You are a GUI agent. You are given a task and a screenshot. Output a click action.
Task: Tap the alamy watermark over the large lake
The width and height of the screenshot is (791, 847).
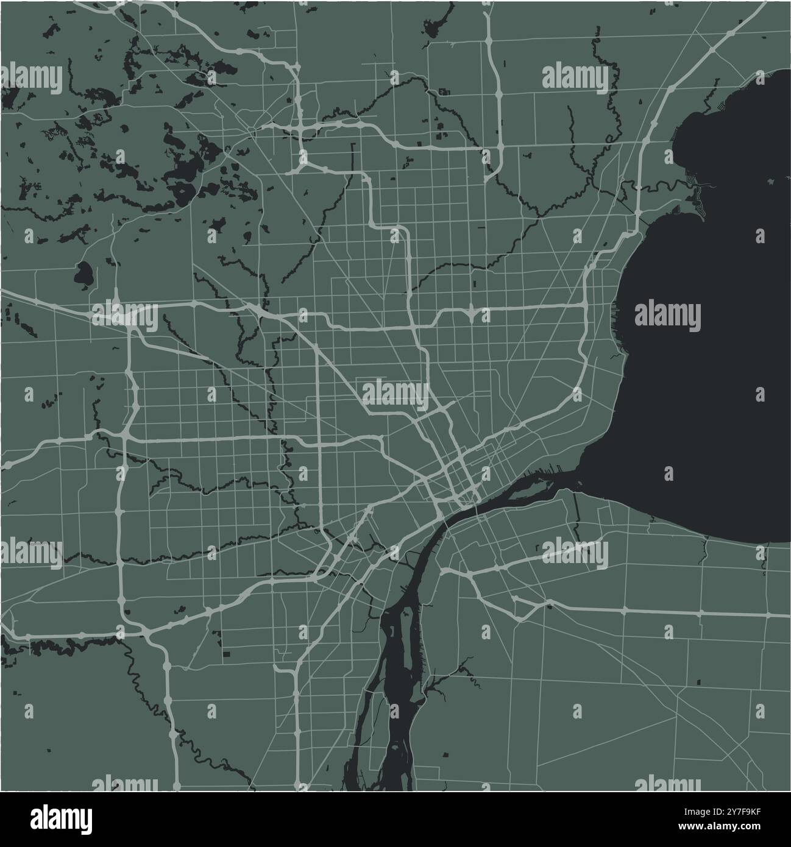pyautogui.click(x=667, y=317)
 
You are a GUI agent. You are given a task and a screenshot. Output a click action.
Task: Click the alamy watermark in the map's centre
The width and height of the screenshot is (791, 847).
pyautogui.click(x=396, y=393)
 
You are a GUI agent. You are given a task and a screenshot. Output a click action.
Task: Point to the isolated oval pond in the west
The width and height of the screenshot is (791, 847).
pyautogui.click(x=83, y=275)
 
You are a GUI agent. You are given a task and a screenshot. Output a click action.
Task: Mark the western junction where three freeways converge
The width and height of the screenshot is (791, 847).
pyautogui.click(x=131, y=317)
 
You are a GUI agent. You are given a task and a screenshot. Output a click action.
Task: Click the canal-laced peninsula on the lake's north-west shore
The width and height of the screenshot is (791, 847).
pyautogui.click(x=695, y=183)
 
